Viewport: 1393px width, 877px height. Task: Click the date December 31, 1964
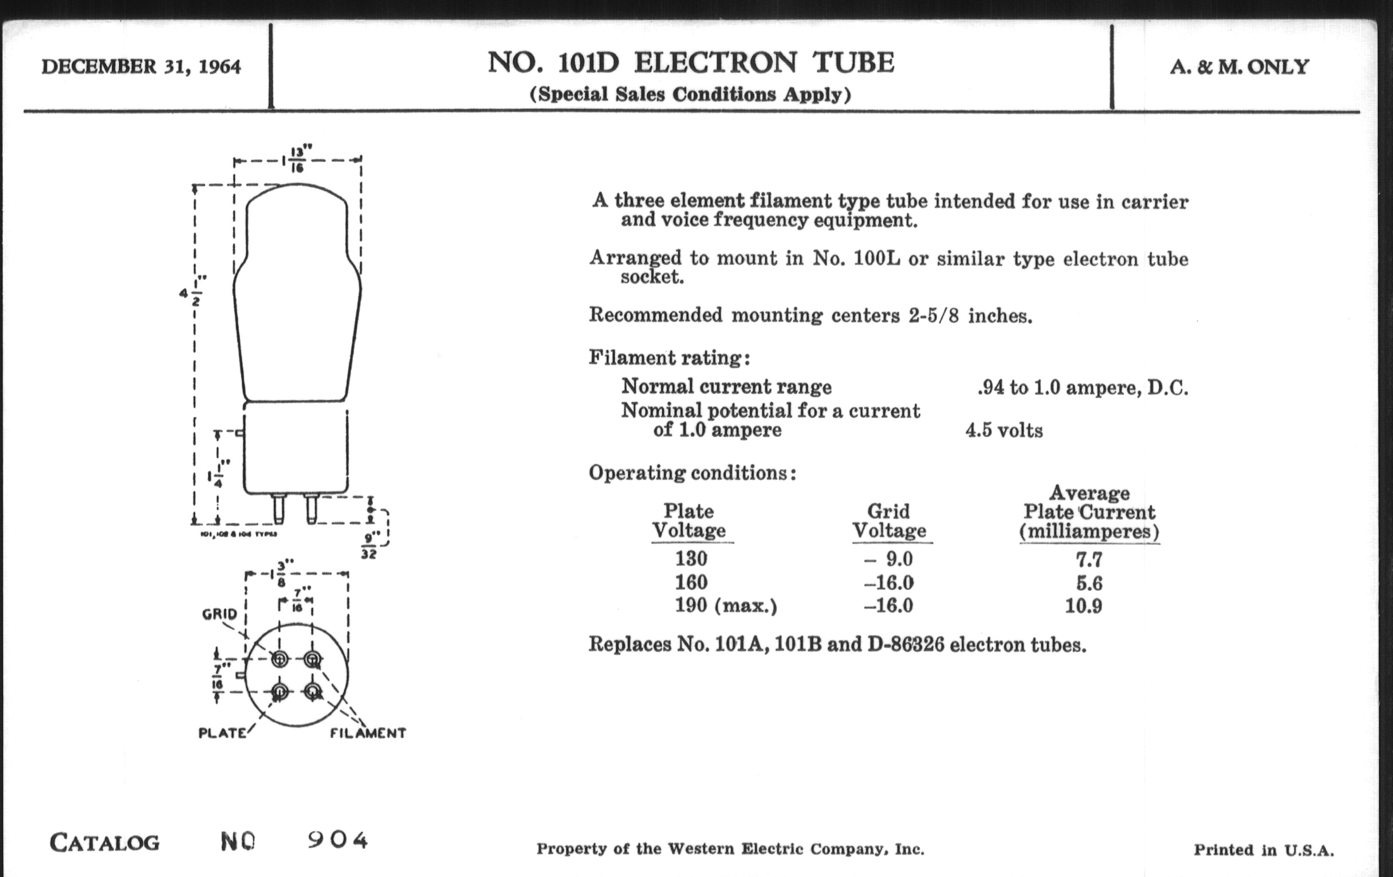click(141, 66)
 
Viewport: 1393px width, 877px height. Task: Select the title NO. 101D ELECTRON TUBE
click(691, 62)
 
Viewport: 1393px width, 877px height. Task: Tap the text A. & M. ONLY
click(1239, 67)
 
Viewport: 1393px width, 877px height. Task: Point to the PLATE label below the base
click(223, 733)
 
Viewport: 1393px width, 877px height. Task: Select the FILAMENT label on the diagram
click(368, 733)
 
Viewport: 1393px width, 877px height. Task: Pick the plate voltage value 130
click(691, 559)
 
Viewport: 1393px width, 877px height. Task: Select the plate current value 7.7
click(1089, 559)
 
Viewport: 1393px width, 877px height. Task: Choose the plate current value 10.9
click(1084, 606)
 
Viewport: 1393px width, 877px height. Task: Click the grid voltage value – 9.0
click(888, 559)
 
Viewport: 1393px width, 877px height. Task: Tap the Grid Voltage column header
click(889, 520)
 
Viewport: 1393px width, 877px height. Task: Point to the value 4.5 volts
click(1004, 430)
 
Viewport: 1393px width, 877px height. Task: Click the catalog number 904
click(338, 840)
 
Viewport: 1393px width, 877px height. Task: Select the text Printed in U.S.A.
click(1264, 850)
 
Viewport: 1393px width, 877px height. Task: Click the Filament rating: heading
click(670, 358)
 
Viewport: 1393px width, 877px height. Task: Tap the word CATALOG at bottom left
click(105, 842)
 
